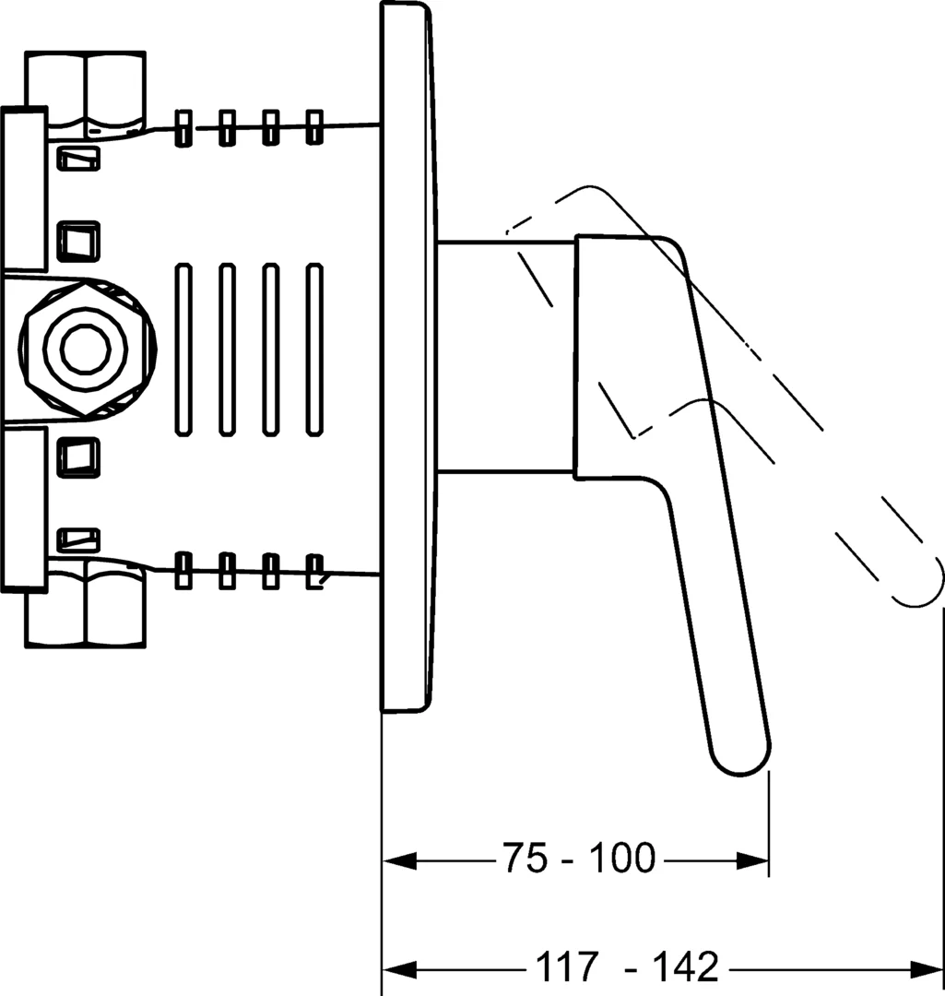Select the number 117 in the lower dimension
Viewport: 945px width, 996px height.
(567, 966)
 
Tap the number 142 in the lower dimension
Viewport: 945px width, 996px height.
(686, 966)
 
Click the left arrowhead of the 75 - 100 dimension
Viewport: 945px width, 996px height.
(399, 862)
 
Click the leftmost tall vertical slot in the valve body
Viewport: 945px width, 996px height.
(183, 350)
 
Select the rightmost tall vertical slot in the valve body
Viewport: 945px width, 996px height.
(314, 350)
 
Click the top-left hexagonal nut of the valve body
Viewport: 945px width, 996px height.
(86, 94)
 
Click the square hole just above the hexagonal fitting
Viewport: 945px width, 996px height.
(78, 242)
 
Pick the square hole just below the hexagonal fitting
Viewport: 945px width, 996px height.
(78, 456)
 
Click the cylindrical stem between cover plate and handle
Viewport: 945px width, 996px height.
(506, 357)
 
